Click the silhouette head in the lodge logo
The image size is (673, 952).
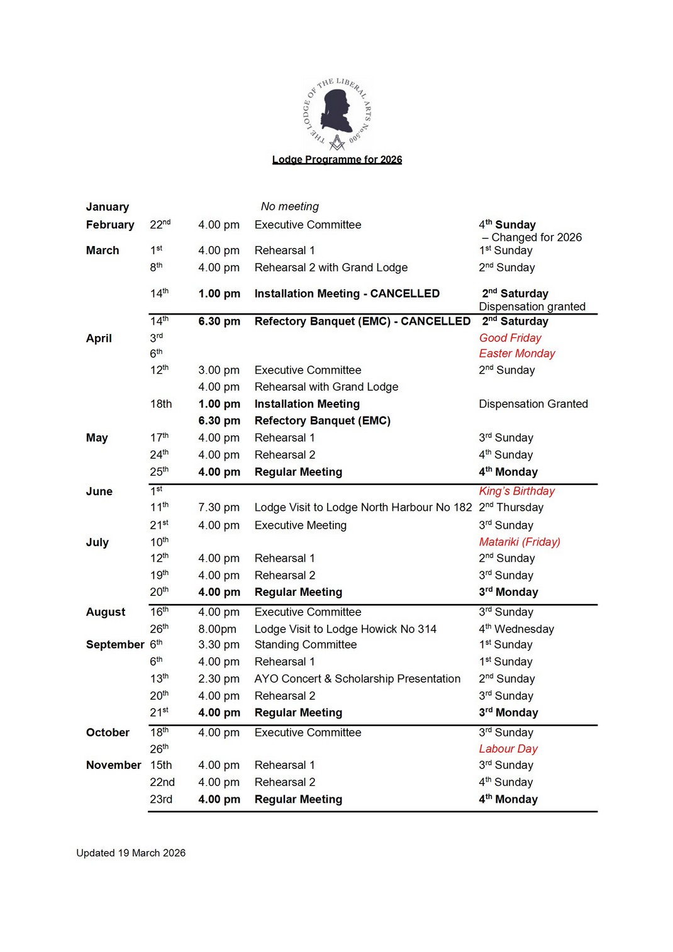click(336, 108)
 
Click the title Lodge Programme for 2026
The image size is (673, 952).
click(336, 160)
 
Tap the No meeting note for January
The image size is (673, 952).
click(289, 206)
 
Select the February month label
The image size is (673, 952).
click(110, 225)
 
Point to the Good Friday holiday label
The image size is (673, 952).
click(509, 338)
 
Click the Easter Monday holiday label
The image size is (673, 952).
click(516, 354)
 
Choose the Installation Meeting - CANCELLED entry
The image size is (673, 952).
click(347, 293)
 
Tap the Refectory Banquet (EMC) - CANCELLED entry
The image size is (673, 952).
click(362, 322)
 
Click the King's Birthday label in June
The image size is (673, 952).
click(516, 491)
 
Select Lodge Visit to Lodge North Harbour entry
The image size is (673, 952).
click(362, 507)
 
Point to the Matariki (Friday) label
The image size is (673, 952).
click(519, 542)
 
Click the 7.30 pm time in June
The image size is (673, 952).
click(218, 507)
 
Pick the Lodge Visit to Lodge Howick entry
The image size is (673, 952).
click(345, 629)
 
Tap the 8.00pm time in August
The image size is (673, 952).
click(217, 629)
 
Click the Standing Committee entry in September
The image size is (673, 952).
click(305, 644)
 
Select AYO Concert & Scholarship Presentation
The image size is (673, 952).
click(357, 678)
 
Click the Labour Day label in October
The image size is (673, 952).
click(508, 749)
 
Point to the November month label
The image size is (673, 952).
click(113, 765)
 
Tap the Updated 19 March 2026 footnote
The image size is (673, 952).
click(131, 853)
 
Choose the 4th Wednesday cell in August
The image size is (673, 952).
click(516, 629)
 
